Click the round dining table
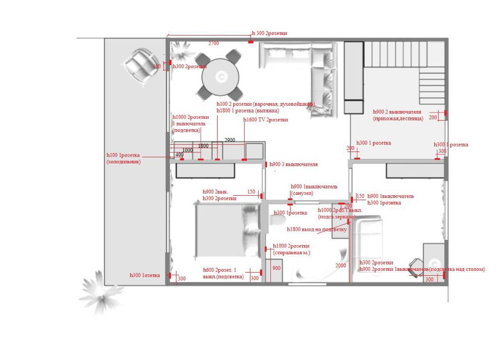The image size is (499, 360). [x=220, y=76]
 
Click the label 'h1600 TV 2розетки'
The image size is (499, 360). [x=266, y=120]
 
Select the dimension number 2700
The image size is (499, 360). [x=213, y=44]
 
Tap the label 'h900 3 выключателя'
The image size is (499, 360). [x=293, y=165]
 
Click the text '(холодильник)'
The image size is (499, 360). [x=123, y=161]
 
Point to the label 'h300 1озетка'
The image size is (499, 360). [x=144, y=275]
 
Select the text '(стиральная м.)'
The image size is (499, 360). [x=291, y=253]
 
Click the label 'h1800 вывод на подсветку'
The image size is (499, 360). [x=317, y=229]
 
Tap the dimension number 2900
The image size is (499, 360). [x=230, y=140]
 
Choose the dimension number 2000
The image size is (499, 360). [x=341, y=265]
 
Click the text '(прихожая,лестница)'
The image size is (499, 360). [x=398, y=118]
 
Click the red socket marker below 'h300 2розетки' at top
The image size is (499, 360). [x=251, y=41]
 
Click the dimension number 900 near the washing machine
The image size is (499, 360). [x=276, y=268]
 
